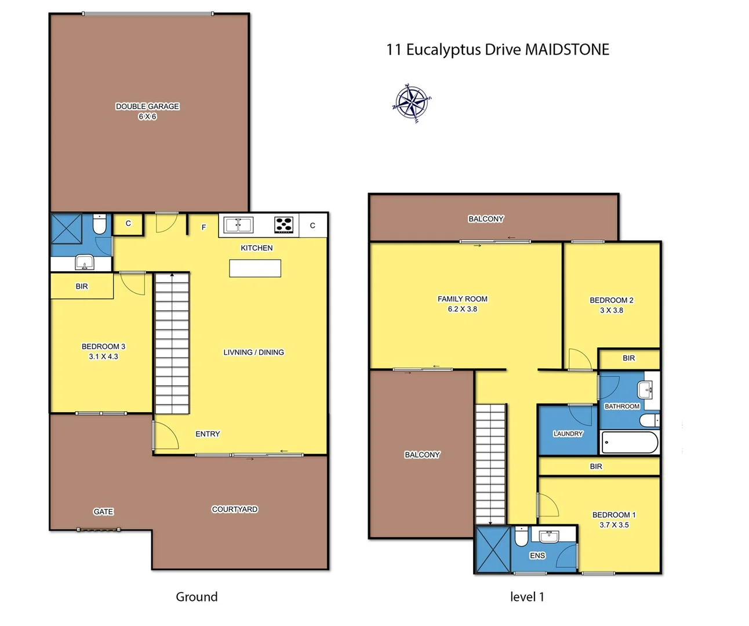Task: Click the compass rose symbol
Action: (412, 103)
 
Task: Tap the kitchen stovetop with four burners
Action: (283, 225)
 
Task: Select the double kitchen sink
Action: (238, 225)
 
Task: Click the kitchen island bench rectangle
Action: (255, 268)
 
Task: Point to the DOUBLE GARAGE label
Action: (147, 106)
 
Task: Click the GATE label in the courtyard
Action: (103, 511)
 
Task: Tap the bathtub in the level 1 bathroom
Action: (630, 442)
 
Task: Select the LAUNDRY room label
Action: (568, 434)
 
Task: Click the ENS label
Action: (537, 555)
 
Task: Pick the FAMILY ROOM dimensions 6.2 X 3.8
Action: (462, 309)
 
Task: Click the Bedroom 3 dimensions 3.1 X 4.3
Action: (103, 356)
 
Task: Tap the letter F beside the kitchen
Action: (203, 227)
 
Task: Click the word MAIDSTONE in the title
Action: (567, 50)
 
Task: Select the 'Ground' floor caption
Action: (197, 596)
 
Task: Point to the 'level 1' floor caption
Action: (527, 596)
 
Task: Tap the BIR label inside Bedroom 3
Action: (82, 286)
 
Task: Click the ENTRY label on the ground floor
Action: (208, 434)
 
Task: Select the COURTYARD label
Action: (234, 509)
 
